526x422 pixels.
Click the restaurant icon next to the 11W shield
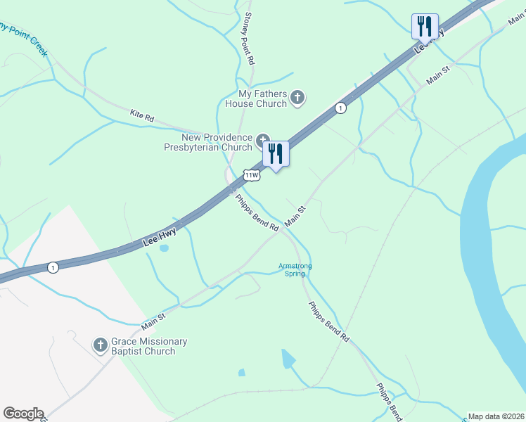click(276, 153)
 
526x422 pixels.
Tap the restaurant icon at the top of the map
click(425, 26)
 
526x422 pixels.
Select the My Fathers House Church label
click(263, 98)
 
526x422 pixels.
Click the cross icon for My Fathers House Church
click(297, 98)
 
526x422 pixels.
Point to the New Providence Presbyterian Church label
click(217, 142)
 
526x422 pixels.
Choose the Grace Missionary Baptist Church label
click(149, 346)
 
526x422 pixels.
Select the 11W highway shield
click(251, 174)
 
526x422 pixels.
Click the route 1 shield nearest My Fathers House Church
click(340, 108)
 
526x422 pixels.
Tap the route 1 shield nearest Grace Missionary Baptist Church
click(53, 267)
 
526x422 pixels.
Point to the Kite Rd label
click(142, 116)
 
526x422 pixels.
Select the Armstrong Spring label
click(295, 269)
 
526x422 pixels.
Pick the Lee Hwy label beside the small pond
click(158, 236)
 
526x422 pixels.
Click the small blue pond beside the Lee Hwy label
click(164, 248)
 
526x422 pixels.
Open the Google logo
click(23, 414)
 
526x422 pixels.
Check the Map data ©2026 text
click(496, 416)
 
